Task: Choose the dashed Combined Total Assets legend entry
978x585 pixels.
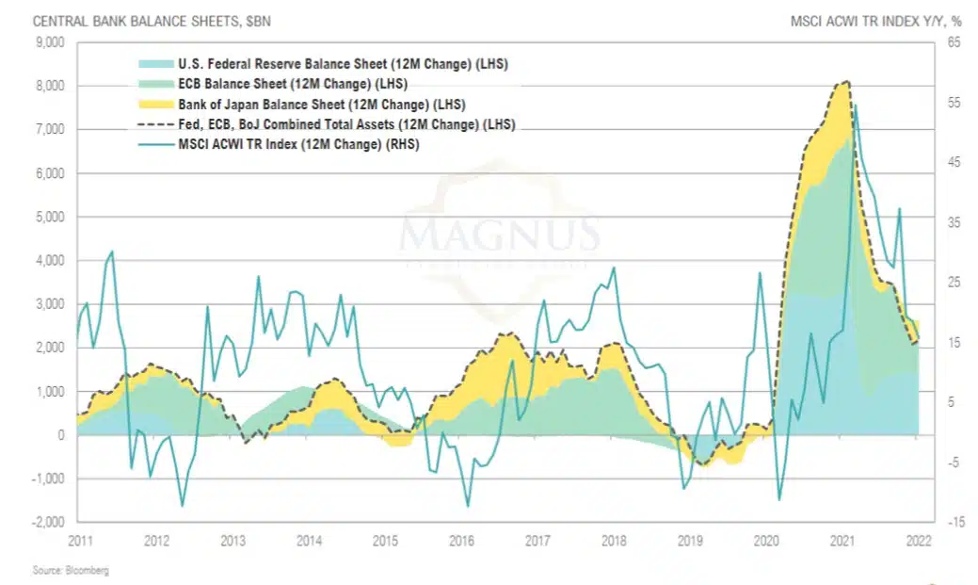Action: point(346,124)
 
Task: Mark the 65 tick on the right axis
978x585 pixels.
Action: point(952,42)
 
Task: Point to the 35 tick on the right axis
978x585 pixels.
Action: point(952,222)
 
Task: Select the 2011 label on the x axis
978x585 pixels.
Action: point(80,541)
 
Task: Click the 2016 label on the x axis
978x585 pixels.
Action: point(461,541)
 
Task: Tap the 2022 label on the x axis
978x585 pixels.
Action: point(918,541)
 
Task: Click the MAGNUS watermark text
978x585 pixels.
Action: point(500,233)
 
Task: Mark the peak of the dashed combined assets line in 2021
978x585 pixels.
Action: point(847,82)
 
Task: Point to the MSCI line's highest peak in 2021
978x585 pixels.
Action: point(854,105)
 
